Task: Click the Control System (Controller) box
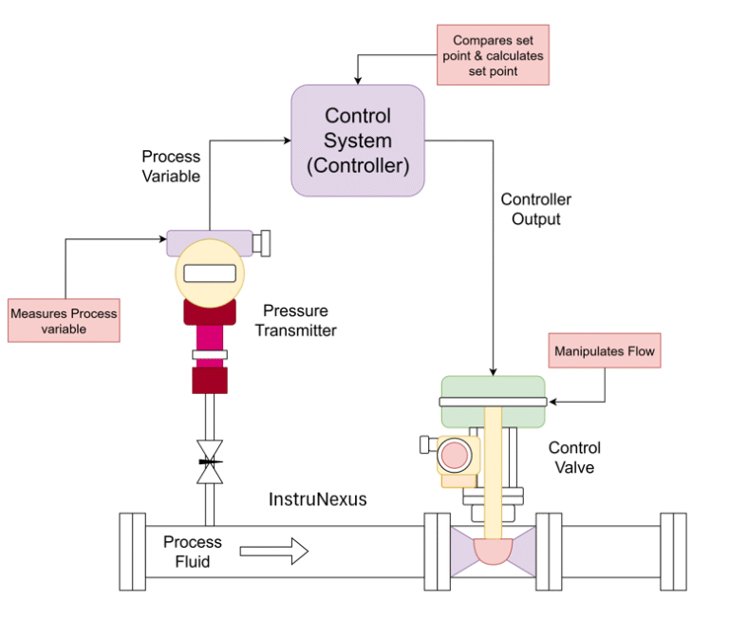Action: pos(357,141)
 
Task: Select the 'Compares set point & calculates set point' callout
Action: pos(493,56)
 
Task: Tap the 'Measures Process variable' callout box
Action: pos(64,321)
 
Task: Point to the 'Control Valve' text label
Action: pos(574,457)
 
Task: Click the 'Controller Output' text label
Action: pos(536,209)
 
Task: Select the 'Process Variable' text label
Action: pos(171,165)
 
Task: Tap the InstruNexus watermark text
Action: pos(318,498)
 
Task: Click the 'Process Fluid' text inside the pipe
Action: pos(192,551)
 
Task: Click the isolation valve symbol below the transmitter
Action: pos(210,461)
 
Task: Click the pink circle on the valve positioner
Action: pos(456,455)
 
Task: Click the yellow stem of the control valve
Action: pos(493,465)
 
